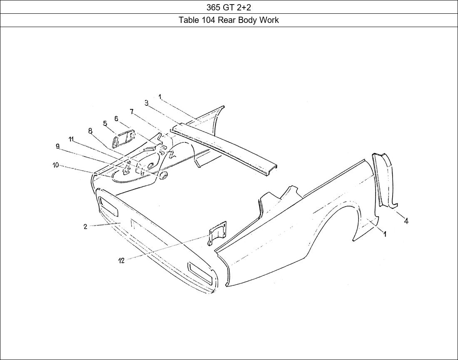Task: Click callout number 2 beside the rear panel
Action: point(85,227)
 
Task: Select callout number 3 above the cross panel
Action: point(147,102)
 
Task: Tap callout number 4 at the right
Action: point(406,221)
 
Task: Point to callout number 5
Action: point(105,123)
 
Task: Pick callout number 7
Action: point(132,111)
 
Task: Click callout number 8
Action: point(90,131)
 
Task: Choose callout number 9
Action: point(57,146)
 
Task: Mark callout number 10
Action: point(55,165)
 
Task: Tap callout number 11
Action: point(71,139)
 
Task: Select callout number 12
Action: point(121,261)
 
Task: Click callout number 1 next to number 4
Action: point(385,234)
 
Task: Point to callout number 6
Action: point(116,119)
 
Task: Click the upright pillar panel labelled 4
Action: point(386,179)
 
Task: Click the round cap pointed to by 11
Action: point(162,176)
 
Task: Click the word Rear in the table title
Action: point(227,20)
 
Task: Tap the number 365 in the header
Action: point(213,7)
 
